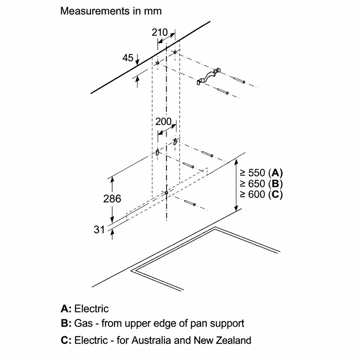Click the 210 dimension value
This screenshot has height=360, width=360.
click(160, 32)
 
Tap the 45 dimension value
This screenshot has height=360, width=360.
click(128, 58)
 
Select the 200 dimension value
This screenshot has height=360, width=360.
click(163, 122)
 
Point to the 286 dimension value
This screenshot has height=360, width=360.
click(112, 199)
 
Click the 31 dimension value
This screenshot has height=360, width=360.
click(99, 230)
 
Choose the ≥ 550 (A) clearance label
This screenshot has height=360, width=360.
click(261, 173)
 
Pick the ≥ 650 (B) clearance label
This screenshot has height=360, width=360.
click(261, 184)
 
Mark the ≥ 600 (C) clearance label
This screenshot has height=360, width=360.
click(261, 194)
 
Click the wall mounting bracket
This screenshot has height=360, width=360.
click(208, 76)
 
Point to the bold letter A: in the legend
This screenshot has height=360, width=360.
click(66, 309)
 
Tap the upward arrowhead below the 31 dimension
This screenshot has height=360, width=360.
click(112, 232)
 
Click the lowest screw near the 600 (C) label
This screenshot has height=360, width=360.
click(190, 203)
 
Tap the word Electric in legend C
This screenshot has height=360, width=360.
click(91, 340)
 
